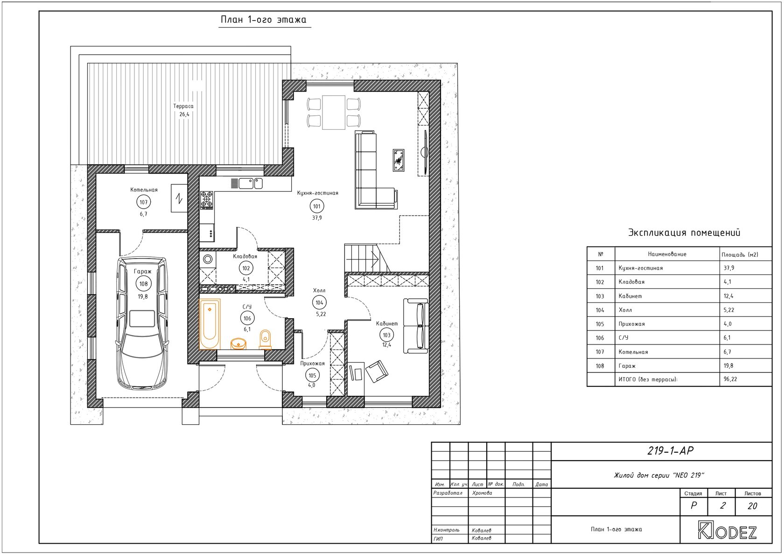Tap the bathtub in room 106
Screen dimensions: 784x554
point(210,324)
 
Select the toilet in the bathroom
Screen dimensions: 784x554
point(265,339)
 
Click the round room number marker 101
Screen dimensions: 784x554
point(317,206)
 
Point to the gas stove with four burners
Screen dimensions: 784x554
point(207,200)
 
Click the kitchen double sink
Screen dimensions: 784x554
point(251,183)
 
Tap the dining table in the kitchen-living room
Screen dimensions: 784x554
point(334,112)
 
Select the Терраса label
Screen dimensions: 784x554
point(183,106)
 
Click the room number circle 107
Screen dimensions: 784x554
point(144,202)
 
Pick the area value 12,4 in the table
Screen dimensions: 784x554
point(729,296)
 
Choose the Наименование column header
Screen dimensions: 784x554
point(667,254)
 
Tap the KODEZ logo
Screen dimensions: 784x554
point(727,530)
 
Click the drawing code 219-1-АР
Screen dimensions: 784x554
point(670,451)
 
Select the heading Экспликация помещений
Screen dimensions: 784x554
point(684,232)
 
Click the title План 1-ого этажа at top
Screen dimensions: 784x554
point(264,20)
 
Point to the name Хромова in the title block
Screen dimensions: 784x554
point(482,493)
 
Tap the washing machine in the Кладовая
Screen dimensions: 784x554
point(208,259)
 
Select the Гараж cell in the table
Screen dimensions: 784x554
point(627,366)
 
